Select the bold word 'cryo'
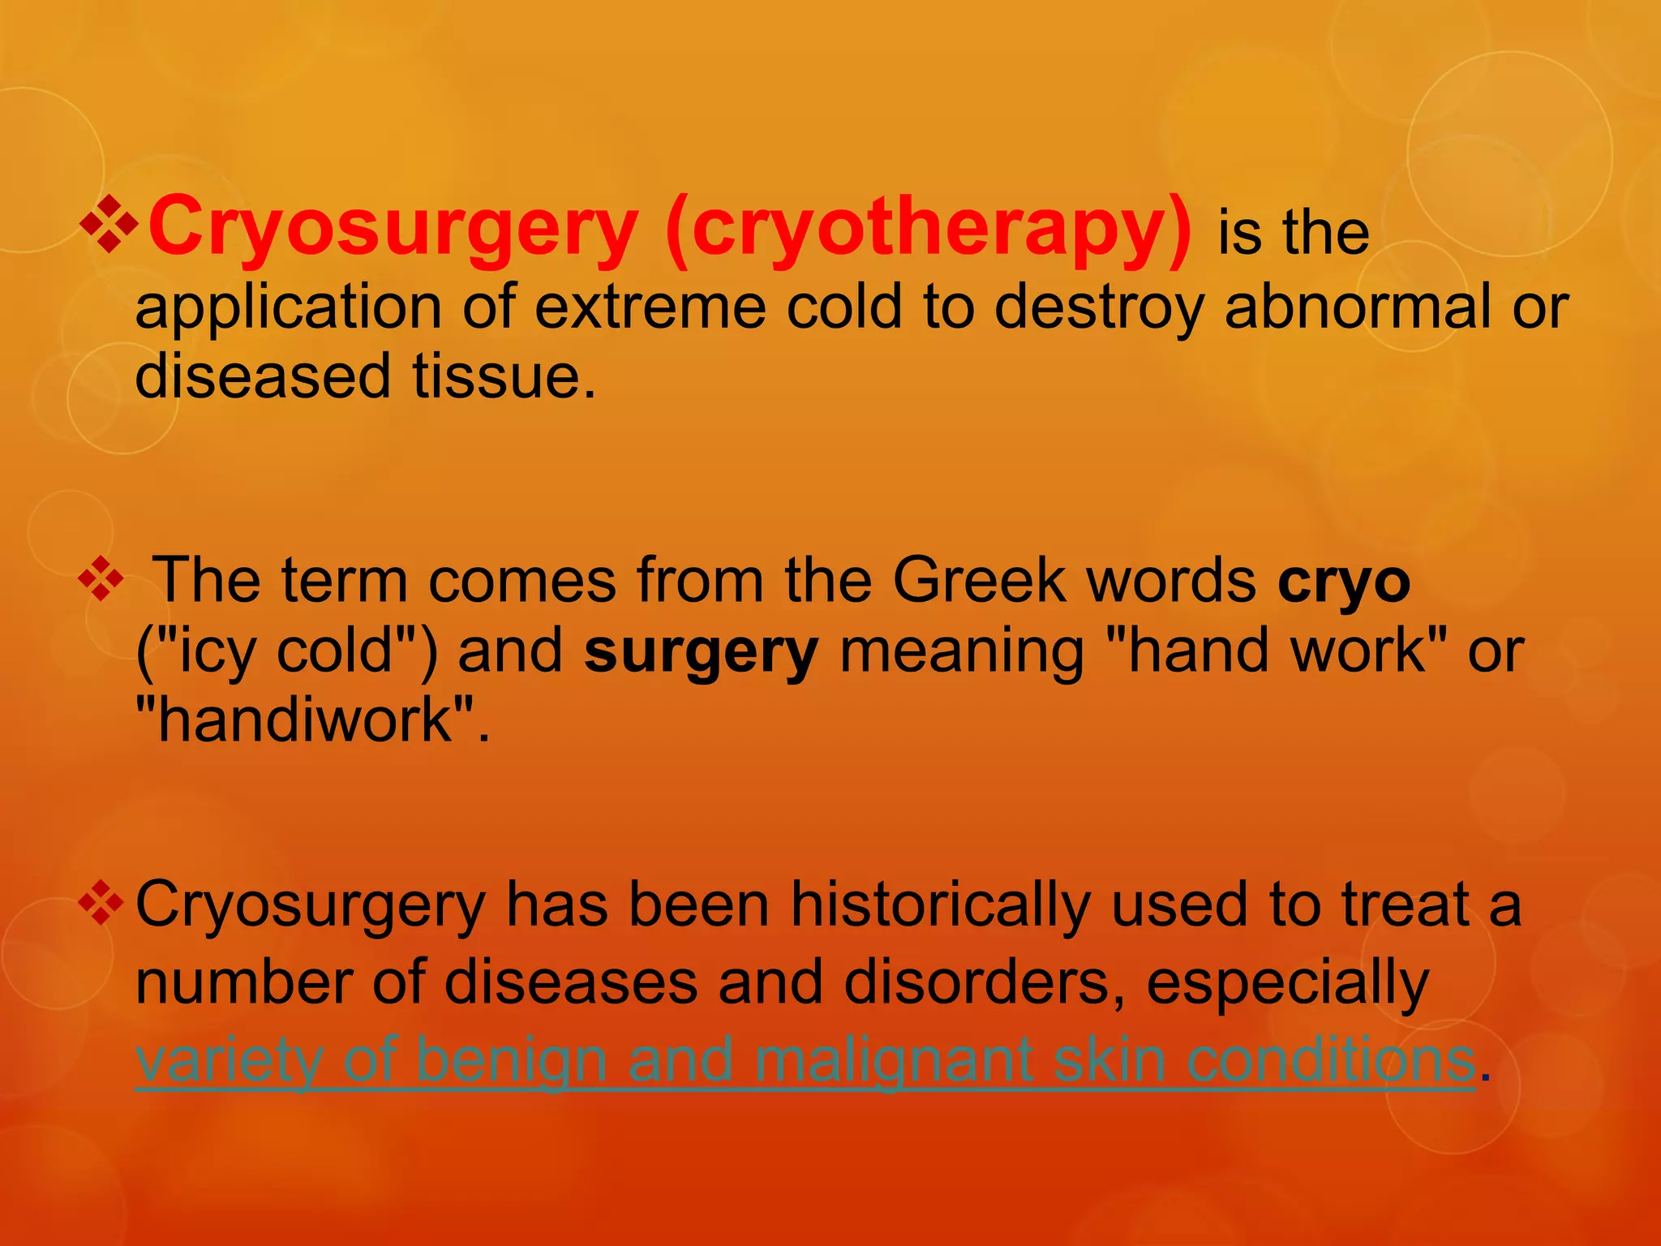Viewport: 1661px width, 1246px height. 1344,581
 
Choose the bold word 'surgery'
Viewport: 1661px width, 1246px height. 701,652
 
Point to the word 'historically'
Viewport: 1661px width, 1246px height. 940,905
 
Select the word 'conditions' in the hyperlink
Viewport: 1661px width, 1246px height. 1330,1059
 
